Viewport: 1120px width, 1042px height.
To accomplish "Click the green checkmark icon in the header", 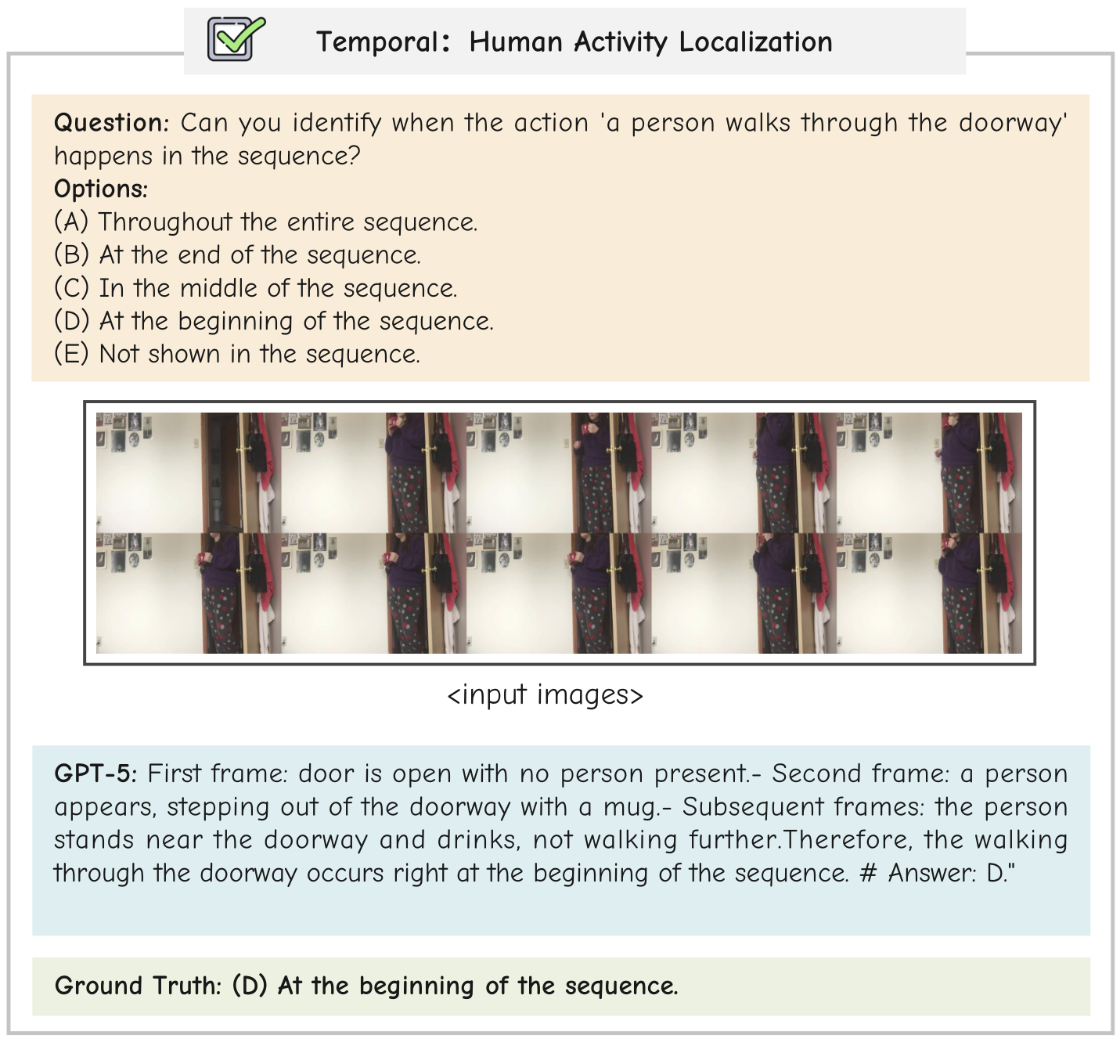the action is point(236,39).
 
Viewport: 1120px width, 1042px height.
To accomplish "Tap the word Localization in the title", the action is point(756,41).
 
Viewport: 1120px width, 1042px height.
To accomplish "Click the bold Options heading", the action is point(101,189).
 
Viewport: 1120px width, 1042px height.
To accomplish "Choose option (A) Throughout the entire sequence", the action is point(265,222).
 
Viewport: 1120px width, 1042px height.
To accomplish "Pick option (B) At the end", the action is point(237,254).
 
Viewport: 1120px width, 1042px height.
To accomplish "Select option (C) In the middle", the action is point(255,288).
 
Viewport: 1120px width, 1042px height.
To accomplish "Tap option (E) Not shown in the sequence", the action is point(237,355).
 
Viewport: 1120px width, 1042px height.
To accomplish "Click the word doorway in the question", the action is point(1013,123).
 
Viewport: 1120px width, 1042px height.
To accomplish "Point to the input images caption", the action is point(545,694).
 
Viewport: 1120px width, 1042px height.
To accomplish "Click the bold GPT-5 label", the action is point(95,773).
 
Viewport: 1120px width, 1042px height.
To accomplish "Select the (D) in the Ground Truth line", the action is point(249,986).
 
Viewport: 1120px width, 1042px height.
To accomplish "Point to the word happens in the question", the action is point(104,157).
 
